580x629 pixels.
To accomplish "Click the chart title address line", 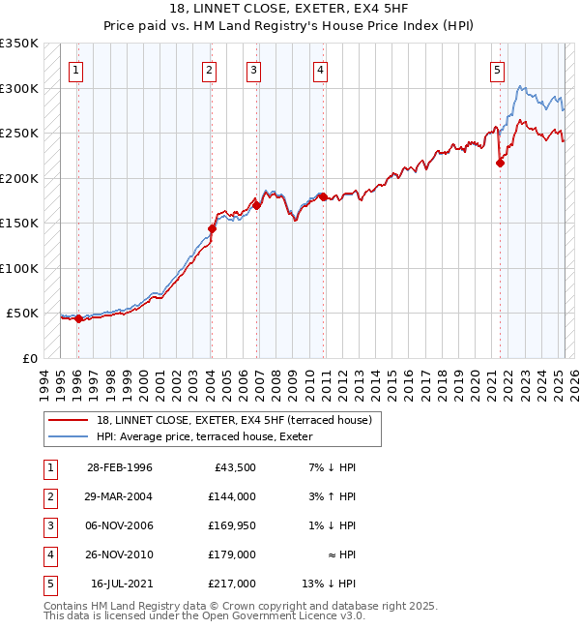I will [x=289, y=9].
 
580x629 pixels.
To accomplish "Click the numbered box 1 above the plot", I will [x=76, y=69].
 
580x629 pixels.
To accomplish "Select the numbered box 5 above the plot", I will [x=497, y=69].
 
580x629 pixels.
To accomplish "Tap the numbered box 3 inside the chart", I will [x=252, y=69].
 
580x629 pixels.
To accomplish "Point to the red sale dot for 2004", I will [x=212, y=228].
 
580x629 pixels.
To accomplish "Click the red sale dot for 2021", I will [x=500, y=163].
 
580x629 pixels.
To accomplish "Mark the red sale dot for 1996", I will [x=78, y=318].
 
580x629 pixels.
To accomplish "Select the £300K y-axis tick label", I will [x=19, y=88].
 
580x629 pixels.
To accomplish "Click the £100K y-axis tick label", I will [x=19, y=268].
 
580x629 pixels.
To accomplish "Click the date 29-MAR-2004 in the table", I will [x=120, y=496].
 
